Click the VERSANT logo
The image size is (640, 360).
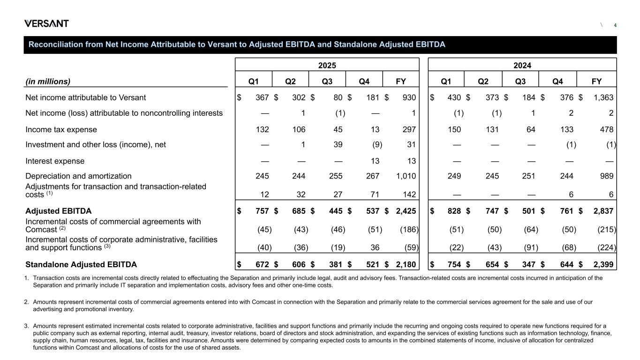tap(46, 23)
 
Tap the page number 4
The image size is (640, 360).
tap(615, 25)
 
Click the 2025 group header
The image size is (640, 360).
tap(327, 65)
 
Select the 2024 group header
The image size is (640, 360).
tap(522, 65)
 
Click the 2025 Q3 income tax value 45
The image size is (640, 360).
tap(337, 129)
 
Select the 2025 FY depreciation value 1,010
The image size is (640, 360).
tap(406, 176)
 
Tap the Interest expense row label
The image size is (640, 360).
tap(55, 161)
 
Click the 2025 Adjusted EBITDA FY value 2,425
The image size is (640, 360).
tap(406, 211)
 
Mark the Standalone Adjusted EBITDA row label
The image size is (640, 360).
tap(81, 264)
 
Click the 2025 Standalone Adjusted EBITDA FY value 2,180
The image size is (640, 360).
tap(406, 264)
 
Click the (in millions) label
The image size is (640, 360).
tap(48, 81)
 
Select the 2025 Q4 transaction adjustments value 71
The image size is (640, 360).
tap(374, 195)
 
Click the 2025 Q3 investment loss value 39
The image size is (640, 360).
tap(337, 145)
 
